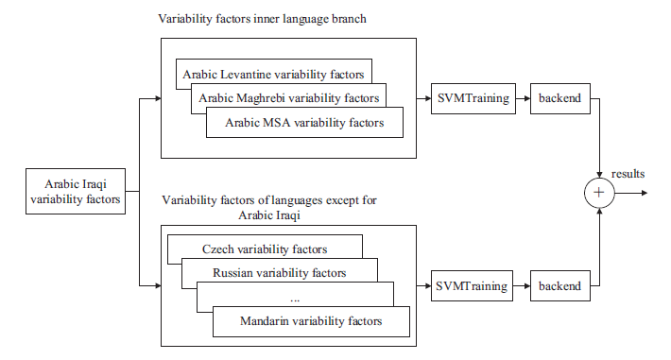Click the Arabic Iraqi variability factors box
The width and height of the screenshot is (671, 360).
tap(76, 191)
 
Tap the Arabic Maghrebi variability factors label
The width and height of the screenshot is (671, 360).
tap(289, 98)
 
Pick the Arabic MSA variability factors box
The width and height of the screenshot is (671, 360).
tap(304, 123)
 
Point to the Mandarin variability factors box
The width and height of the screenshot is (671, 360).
tap(311, 321)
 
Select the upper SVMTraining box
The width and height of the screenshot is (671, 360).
tap(473, 98)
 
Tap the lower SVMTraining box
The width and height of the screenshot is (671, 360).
tap(472, 285)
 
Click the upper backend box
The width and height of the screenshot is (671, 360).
tap(560, 98)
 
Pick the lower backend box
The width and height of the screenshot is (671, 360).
tap(560, 285)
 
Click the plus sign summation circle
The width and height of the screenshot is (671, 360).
tap(599, 193)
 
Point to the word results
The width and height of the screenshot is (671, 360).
tap(628, 174)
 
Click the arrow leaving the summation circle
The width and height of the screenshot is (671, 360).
tap(631, 193)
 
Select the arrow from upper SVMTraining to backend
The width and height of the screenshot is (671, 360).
tap(523, 98)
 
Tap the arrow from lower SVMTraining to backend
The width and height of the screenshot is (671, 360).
tap(522, 285)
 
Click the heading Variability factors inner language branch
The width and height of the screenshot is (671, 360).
tap(262, 19)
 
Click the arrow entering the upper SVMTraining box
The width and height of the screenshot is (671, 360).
tap(423, 98)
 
